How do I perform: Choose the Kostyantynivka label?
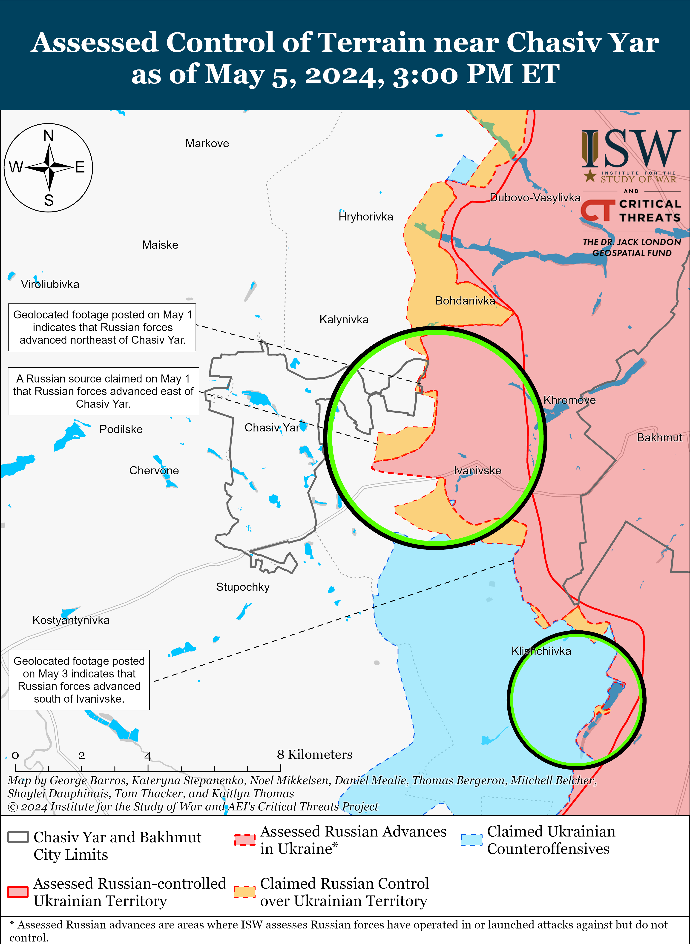pyautogui.click(x=71, y=620)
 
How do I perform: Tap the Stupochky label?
pyautogui.click(x=243, y=587)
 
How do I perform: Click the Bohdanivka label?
pyautogui.click(x=465, y=301)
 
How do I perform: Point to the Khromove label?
pyautogui.click(x=569, y=400)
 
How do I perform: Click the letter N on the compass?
pyautogui.click(x=49, y=136)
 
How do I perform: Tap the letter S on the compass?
pyautogui.click(x=49, y=200)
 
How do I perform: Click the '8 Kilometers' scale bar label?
pyautogui.click(x=314, y=755)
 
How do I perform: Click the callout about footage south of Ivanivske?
pyautogui.click(x=79, y=680)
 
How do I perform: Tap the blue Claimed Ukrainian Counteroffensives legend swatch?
pyautogui.click(x=471, y=840)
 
